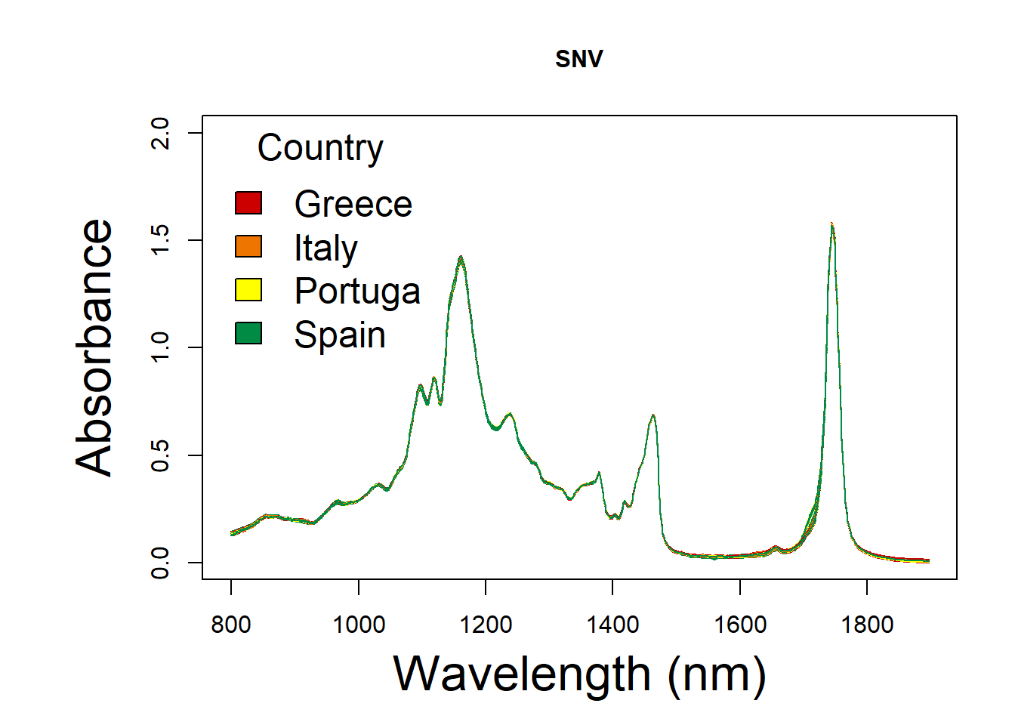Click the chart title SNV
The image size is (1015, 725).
[x=578, y=59]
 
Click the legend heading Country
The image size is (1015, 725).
[x=320, y=148]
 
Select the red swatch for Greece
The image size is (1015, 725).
[x=248, y=203]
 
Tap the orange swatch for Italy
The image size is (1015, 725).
[x=248, y=247]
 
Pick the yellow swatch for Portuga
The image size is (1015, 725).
[x=248, y=290]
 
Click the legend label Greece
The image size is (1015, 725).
[x=353, y=204]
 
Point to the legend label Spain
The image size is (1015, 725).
[x=340, y=335]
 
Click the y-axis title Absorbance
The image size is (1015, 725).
[x=95, y=347]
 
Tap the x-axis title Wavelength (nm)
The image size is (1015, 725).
[x=579, y=674]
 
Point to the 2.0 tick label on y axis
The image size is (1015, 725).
[x=160, y=133]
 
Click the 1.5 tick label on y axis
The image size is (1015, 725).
[x=160, y=240]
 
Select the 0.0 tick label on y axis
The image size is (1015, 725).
[x=160, y=563]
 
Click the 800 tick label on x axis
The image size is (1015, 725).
[x=231, y=625]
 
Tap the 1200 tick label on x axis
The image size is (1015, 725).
[x=486, y=625]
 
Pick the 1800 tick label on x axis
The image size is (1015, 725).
[x=867, y=625]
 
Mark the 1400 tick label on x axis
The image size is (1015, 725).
[x=612, y=625]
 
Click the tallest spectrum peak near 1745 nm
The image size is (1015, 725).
[x=832, y=224]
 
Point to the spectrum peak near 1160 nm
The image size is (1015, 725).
[x=461, y=258]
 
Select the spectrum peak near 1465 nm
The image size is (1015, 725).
[x=653, y=415]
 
